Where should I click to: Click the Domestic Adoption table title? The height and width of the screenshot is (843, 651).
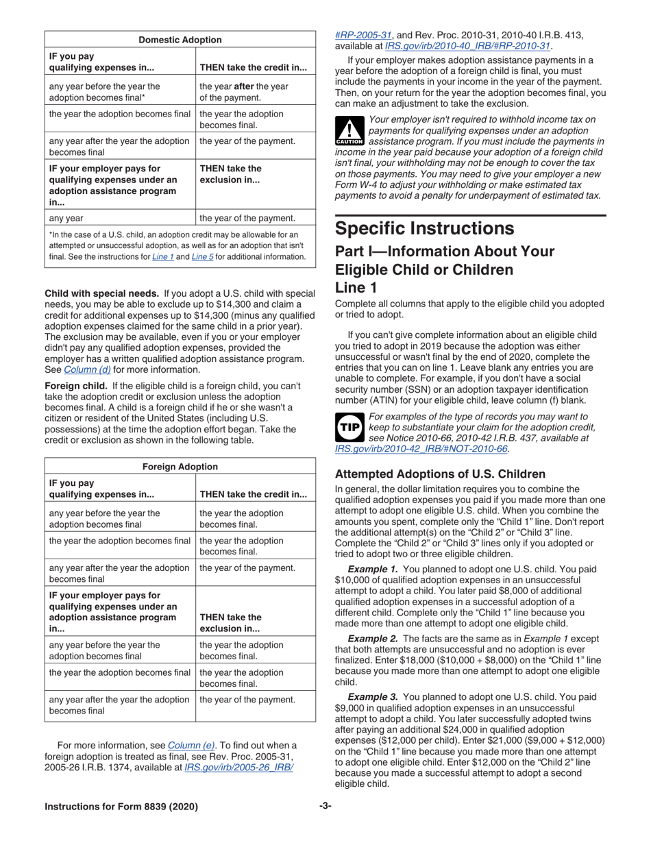180,40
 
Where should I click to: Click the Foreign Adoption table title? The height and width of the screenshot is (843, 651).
180,467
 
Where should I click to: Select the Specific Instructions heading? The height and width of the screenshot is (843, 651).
424,228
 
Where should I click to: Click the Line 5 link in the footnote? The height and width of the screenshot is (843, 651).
202,256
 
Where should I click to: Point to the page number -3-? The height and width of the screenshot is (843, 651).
325,806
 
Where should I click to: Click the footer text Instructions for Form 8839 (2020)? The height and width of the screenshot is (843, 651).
121,807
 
